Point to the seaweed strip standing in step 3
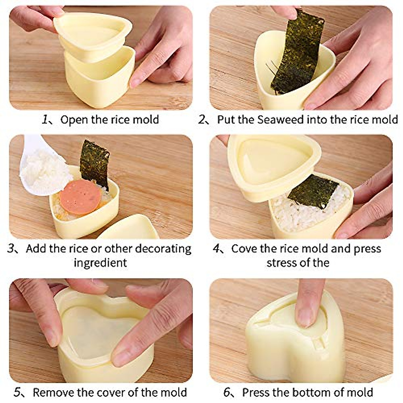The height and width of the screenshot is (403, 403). [x=95, y=163]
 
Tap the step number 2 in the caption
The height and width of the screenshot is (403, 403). [x=202, y=120]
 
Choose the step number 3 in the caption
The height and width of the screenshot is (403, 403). [x=12, y=249]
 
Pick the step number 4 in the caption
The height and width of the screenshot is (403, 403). [x=217, y=249]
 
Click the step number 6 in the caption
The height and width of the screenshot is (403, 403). [x=227, y=392]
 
